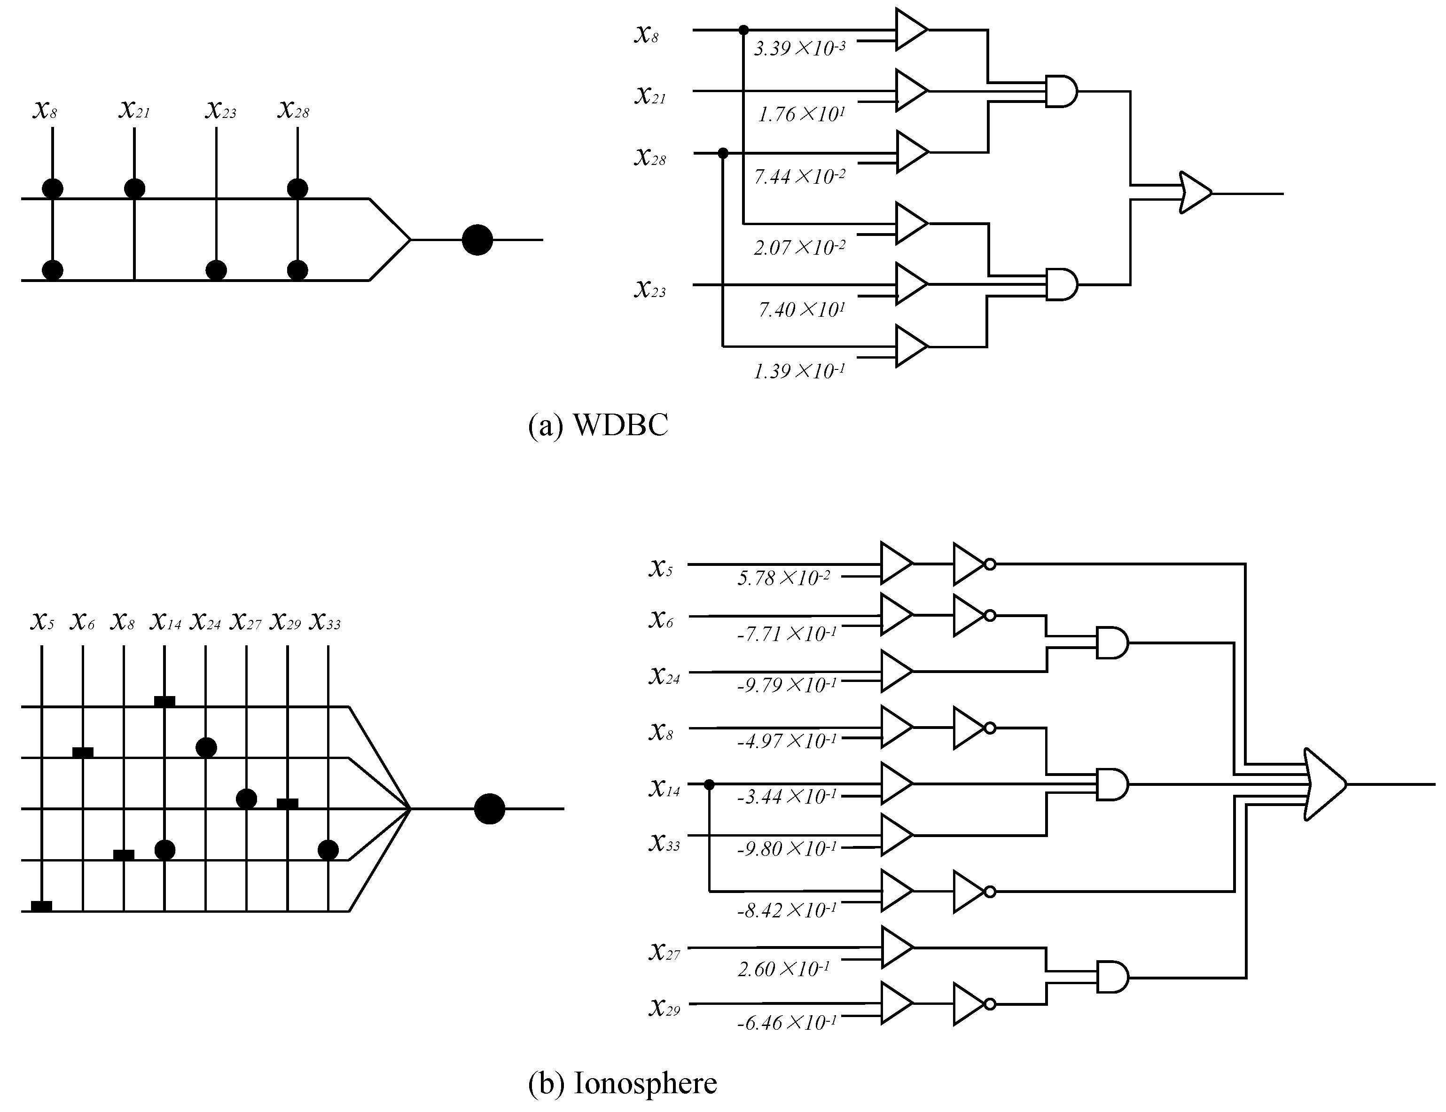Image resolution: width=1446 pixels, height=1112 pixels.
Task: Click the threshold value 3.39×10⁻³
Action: [799, 48]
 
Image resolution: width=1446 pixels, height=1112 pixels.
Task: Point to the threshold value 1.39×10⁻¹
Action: [799, 371]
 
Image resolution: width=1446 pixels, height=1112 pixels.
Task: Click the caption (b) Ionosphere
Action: [622, 1083]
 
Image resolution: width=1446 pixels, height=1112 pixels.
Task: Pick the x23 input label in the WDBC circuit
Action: [650, 289]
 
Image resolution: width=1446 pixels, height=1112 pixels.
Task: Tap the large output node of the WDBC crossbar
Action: [477, 240]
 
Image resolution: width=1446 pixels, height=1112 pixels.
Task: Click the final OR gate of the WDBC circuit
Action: [1195, 193]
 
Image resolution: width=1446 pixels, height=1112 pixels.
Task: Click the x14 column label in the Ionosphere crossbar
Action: [165, 621]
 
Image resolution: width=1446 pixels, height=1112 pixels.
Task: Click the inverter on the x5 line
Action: [973, 564]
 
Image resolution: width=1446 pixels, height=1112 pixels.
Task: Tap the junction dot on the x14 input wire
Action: [710, 784]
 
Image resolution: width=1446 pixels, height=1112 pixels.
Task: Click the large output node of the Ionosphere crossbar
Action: [489, 808]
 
